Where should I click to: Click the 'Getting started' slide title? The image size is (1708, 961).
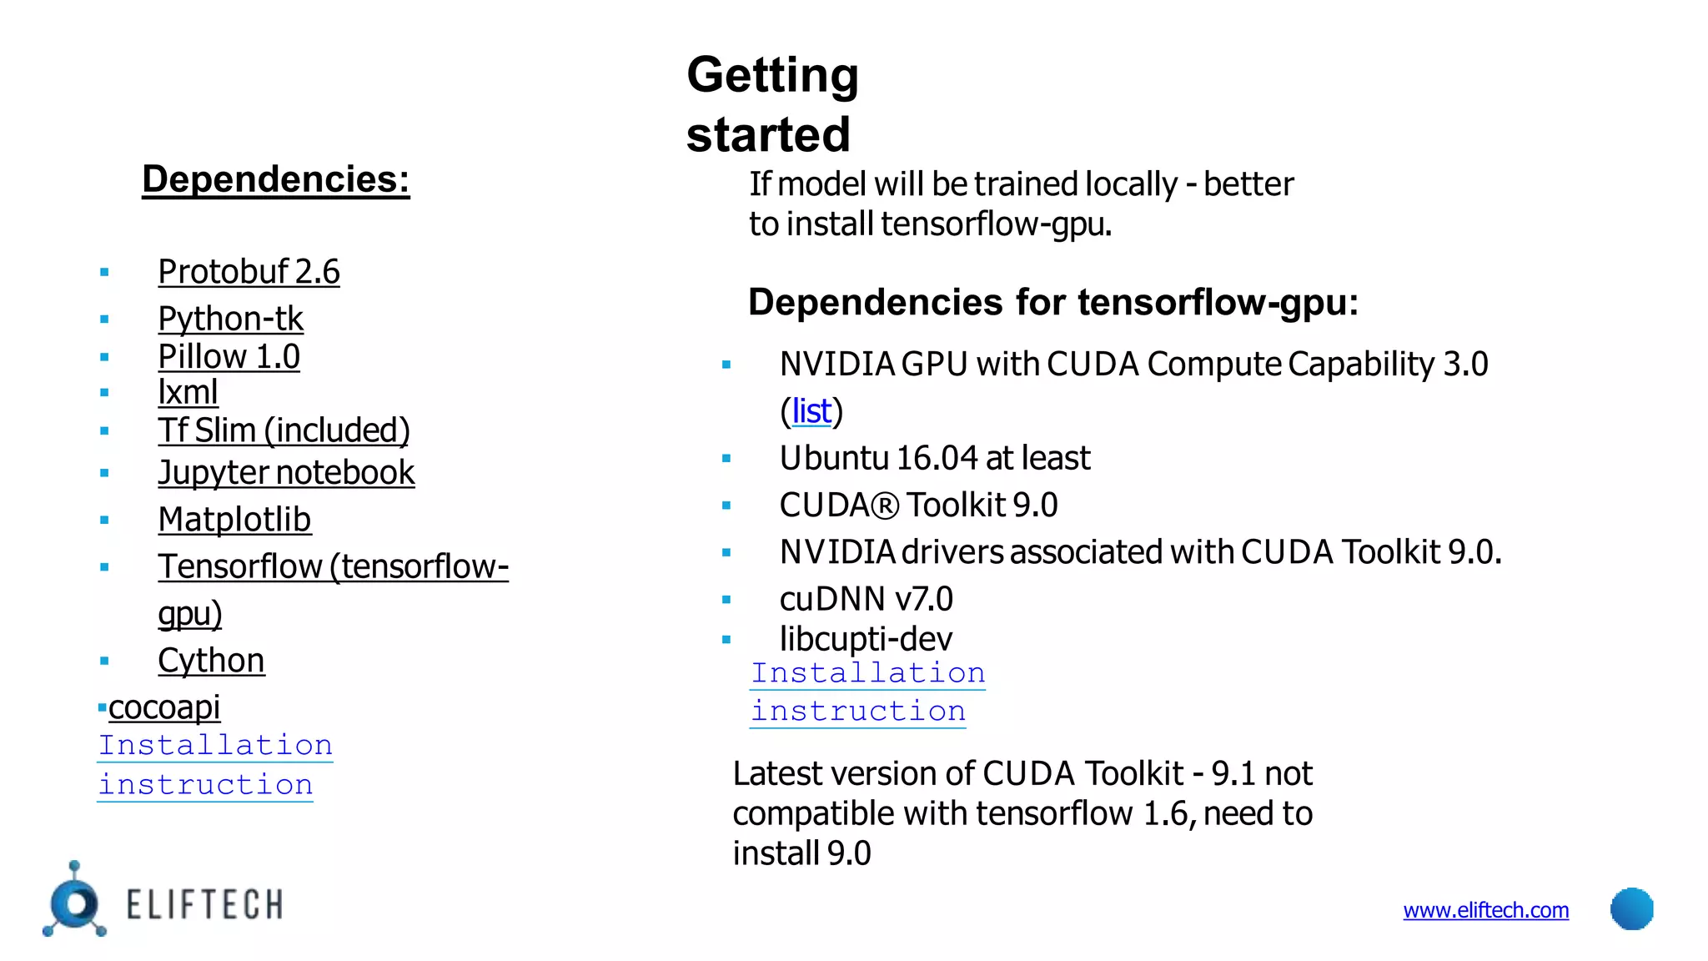tap(771, 104)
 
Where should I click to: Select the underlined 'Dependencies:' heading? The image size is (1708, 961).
tap(275, 179)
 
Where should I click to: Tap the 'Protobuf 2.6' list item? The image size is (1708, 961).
tap(249, 272)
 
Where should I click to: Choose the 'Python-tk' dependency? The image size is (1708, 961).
tap(230, 319)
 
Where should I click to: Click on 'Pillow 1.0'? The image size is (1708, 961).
tap(229, 357)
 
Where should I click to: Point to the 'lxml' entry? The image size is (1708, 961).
tap(188, 392)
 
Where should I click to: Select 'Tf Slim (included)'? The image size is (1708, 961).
tap(284, 430)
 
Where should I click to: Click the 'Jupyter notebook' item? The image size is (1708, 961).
tap(286, 473)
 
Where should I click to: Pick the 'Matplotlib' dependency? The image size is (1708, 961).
tap(234, 520)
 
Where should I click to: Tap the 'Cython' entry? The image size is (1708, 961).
tap(211, 661)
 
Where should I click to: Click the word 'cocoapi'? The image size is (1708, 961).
tap(164, 707)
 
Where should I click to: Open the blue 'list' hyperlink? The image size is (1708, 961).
tap(811, 411)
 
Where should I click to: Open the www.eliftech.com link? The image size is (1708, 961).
tap(1485, 910)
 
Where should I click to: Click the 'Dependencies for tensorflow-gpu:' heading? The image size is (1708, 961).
tap(1052, 302)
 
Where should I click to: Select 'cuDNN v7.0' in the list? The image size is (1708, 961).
tap(866, 599)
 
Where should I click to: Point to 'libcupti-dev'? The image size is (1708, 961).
tap(866, 639)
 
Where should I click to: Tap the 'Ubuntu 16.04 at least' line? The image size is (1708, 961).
tap(934, 458)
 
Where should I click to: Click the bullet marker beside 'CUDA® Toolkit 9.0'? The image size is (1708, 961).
tap(726, 506)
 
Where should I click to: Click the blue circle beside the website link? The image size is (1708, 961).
tap(1631, 908)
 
